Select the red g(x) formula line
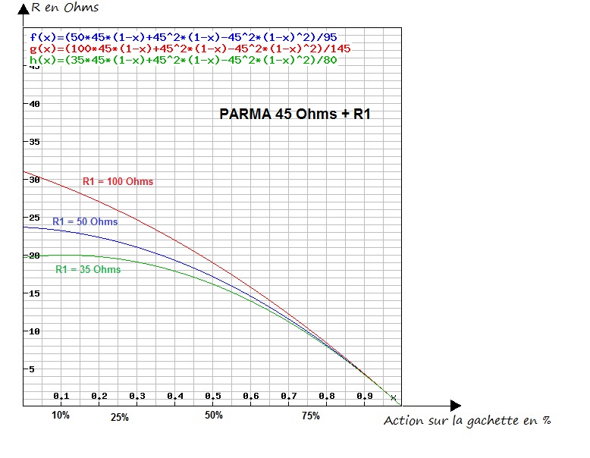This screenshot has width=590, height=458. click(190, 48)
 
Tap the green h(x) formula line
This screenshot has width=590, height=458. click(182, 59)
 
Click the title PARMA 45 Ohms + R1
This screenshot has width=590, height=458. click(295, 114)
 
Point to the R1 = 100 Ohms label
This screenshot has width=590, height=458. click(118, 181)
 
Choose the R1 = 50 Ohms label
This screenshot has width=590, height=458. click(85, 221)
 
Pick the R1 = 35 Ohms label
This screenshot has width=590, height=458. click(88, 269)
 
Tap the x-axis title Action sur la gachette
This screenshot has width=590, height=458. click(466, 421)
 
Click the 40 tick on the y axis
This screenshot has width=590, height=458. click(34, 104)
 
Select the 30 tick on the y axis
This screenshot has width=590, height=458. click(34, 180)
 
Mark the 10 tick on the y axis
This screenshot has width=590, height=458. click(34, 331)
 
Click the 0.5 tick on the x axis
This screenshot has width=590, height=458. click(213, 397)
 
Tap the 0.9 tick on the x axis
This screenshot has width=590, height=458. click(365, 397)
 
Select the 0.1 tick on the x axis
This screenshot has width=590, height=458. click(61, 397)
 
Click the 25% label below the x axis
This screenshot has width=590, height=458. click(119, 417)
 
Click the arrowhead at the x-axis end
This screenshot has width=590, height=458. click(454, 406)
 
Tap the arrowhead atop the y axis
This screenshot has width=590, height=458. click(24, 8)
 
